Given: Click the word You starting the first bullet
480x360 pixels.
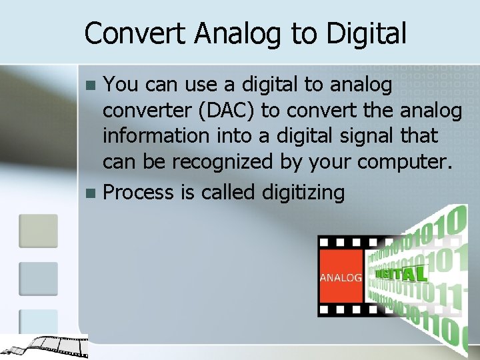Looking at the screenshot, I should coord(120,85).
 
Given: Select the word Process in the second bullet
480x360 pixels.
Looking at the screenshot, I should coord(139,193).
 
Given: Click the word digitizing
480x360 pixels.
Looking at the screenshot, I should coord(303,193).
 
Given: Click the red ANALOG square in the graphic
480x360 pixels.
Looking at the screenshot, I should coord(341,276).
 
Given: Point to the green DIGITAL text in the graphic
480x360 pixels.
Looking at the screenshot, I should coord(401,273).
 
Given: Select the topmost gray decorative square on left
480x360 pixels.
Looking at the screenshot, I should coord(38,230).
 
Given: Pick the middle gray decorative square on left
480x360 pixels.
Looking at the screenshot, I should coord(38,278).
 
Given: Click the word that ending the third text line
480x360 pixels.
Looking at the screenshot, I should coord(419,135).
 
